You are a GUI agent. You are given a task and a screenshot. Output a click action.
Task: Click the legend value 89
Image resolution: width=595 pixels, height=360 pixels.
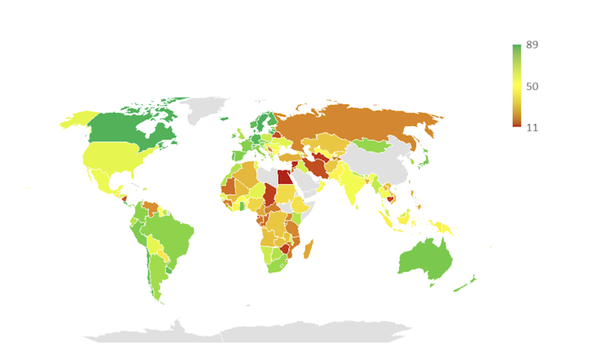pos(532,45)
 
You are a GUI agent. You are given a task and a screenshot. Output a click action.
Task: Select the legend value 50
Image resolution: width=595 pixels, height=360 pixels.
pos(532,85)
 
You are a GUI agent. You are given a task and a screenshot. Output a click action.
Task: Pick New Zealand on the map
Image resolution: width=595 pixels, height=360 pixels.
pos(467,282)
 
